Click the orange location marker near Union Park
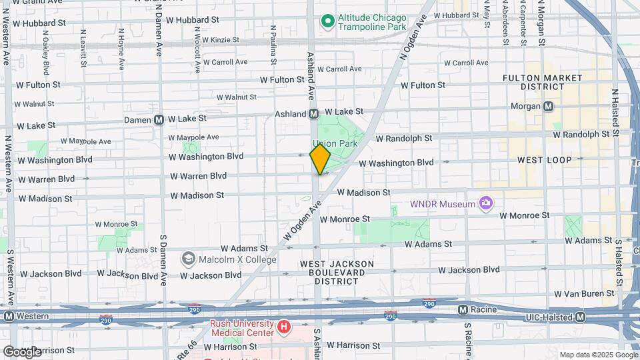click(x=320, y=159)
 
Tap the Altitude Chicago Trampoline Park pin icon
click(x=327, y=22)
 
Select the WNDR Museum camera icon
click(x=487, y=203)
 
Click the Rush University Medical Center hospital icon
click(x=284, y=327)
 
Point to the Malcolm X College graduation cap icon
click(x=189, y=258)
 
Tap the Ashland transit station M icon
click(x=313, y=114)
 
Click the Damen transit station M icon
click(x=159, y=120)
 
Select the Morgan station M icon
click(x=549, y=106)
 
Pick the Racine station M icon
click(x=463, y=310)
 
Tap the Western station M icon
click(x=8, y=315)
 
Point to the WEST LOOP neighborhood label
click(x=545, y=160)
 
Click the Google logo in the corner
click(x=21, y=351)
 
